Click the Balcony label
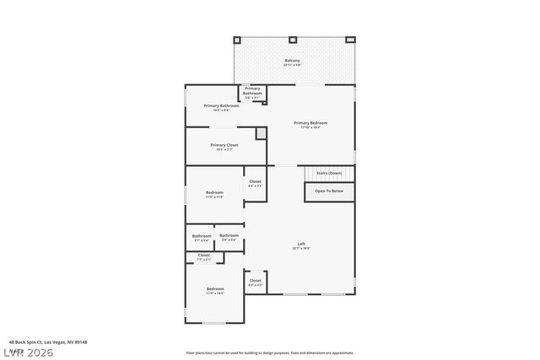[x=292, y=61]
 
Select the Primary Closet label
[x=224, y=145]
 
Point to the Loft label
[x=301, y=244]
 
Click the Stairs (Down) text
[x=328, y=173]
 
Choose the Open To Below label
[x=328, y=191]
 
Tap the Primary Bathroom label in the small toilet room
[x=252, y=91]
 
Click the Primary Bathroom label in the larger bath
[x=221, y=105]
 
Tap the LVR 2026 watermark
[x=27, y=352]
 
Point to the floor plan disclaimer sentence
[x=269, y=353]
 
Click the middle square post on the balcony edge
[x=293, y=40]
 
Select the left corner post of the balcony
[x=237, y=40]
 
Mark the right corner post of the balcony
[x=350, y=40]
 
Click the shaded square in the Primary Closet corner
[x=262, y=133]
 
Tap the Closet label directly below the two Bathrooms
[x=204, y=255]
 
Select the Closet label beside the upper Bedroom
[x=255, y=182]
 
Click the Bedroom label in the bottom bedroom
[x=215, y=289]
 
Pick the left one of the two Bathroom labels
[x=202, y=236]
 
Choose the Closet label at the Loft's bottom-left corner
[x=255, y=282]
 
